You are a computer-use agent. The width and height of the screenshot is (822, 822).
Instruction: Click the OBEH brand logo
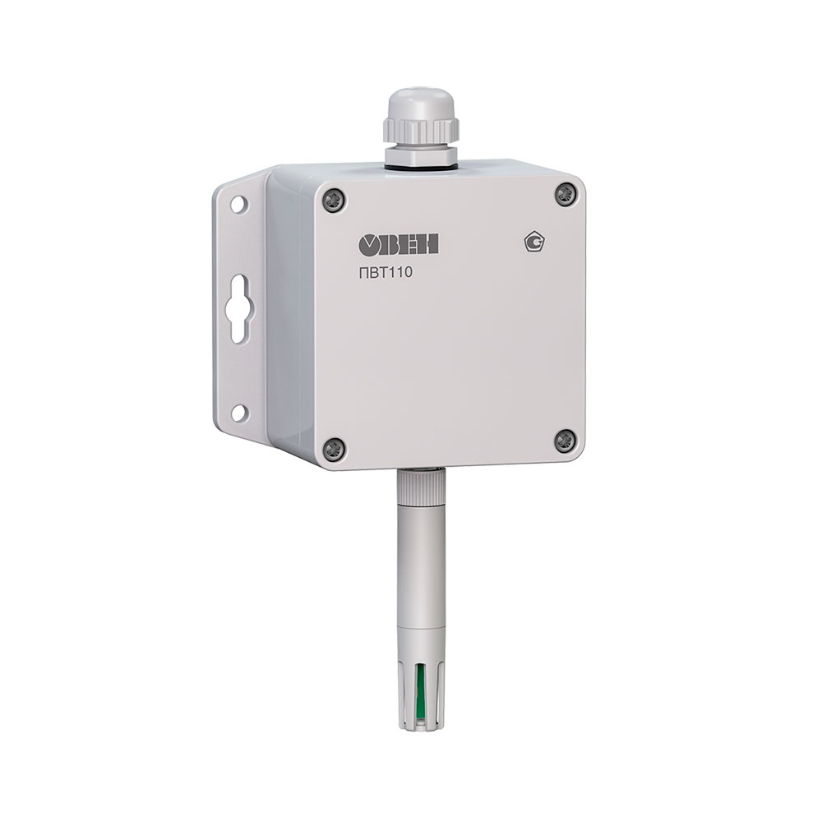pos(399,244)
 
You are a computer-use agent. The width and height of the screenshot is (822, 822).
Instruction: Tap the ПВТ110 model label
pos(386,273)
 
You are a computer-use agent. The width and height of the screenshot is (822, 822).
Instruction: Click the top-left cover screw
pos(334,200)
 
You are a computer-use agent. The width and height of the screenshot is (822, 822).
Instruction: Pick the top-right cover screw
pos(566,195)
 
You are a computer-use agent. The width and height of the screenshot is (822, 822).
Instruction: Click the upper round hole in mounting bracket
pos(238,204)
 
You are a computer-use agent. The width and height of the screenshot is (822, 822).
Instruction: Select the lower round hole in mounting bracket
pos(238,413)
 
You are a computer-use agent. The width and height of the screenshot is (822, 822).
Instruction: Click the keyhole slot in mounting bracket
pos(238,309)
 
